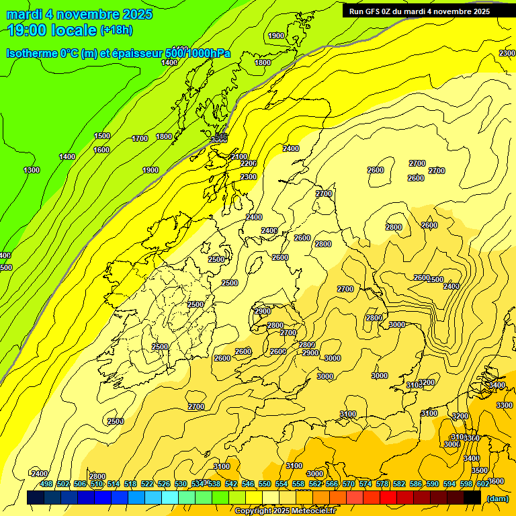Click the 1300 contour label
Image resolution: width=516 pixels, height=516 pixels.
32,170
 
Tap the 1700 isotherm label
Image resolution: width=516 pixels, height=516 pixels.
140,138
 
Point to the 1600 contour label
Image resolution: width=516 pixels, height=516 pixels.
101,150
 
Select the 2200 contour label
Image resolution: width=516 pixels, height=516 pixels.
249,163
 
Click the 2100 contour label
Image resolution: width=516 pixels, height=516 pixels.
239,156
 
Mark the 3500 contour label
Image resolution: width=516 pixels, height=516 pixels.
480,470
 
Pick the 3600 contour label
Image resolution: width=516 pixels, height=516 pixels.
496,481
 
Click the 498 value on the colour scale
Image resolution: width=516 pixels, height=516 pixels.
46,484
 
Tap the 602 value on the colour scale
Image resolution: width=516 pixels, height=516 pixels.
483,484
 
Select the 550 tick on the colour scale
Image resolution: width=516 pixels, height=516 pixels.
265,484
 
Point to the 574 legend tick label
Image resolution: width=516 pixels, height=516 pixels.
365,484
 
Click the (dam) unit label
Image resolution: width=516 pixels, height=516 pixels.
497,498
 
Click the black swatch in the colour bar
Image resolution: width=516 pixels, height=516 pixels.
472,497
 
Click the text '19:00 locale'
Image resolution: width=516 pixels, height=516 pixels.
52,30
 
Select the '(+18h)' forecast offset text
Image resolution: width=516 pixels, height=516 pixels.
117,30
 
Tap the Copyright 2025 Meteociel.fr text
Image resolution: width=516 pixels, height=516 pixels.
285,511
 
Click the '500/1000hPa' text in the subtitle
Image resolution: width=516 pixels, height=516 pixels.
198,54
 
